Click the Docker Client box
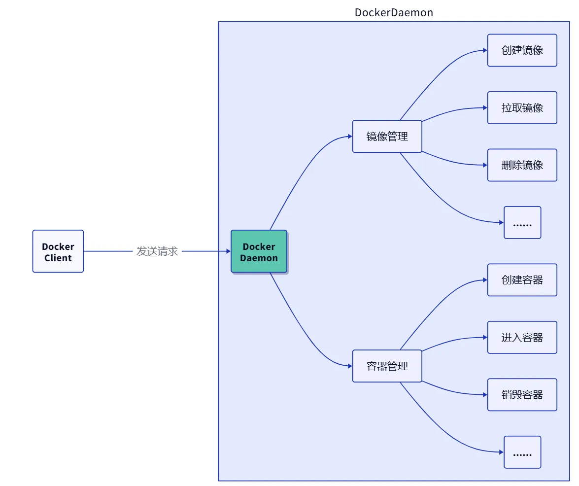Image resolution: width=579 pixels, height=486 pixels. (58, 251)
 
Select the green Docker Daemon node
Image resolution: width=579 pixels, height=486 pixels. (259, 251)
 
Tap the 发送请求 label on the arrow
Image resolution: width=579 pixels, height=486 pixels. (157, 251)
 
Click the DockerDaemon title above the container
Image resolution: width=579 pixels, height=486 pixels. (394, 13)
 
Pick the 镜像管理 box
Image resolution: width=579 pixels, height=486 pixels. (387, 137)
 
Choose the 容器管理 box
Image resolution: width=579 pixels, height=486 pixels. (387, 366)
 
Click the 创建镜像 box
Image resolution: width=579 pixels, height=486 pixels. (522, 50)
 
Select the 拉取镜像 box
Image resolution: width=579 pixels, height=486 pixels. (522, 107)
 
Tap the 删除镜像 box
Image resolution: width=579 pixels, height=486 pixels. (522, 165)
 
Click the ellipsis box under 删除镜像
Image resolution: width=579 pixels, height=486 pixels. (522, 223)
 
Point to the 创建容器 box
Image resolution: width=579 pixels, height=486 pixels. (522, 280)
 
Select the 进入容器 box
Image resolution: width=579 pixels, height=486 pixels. (522, 338)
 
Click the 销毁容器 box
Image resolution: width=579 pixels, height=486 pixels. (522, 395)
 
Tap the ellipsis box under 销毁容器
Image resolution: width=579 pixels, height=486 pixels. (522, 452)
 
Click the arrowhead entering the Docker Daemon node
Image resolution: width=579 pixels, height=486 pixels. (228, 251)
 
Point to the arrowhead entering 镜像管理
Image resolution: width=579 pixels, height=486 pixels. (350, 137)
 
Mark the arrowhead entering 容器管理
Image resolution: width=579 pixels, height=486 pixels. (350, 366)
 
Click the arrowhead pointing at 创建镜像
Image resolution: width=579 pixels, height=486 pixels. (485, 50)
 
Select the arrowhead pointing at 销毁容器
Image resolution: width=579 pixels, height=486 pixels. (485, 395)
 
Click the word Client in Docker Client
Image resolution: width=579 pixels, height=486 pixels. (58, 258)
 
